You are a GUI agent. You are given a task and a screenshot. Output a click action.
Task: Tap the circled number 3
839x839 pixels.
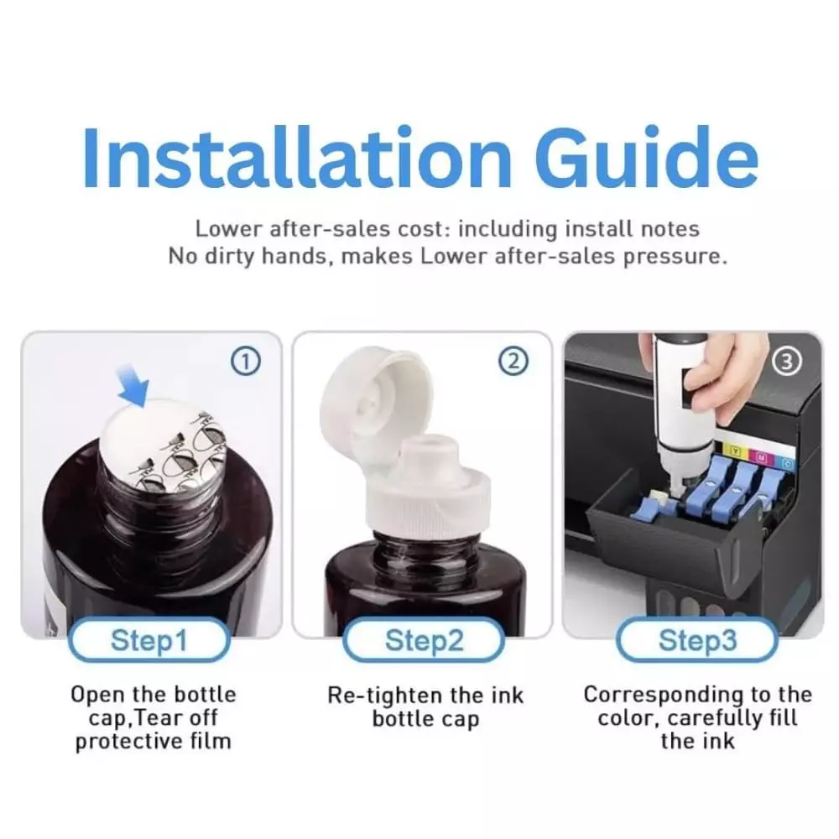coord(787,362)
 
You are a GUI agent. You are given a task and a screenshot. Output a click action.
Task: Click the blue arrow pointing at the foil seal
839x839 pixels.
coord(133,386)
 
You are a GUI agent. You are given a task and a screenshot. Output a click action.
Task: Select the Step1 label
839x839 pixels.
coord(149,640)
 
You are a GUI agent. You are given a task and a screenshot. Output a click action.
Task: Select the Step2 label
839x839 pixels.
coord(424,640)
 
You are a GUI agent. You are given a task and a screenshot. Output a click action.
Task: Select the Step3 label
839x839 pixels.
coord(697,640)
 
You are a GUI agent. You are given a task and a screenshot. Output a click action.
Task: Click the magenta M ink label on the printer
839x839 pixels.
coord(762,457)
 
